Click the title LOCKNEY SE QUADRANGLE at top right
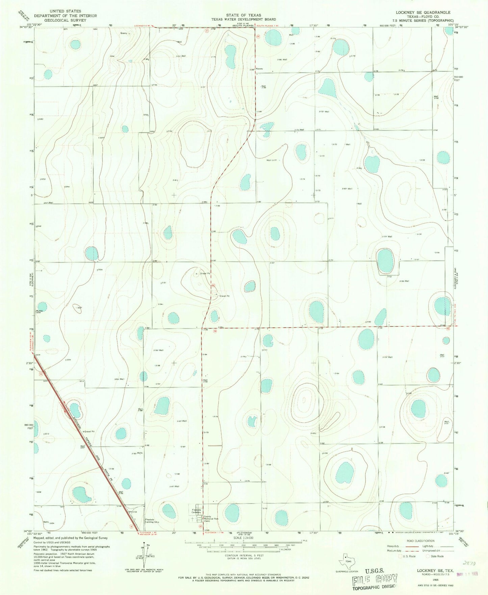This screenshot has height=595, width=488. click(423, 12)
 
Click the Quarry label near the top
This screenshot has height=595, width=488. click(124, 33)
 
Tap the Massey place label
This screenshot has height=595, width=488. click(259, 69)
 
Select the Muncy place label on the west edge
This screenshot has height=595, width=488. click(39, 311)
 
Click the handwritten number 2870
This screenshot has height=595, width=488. click(469, 563)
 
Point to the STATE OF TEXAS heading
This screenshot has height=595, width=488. click(243, 15)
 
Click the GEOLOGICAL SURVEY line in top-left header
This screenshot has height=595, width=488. click(65, 20)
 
